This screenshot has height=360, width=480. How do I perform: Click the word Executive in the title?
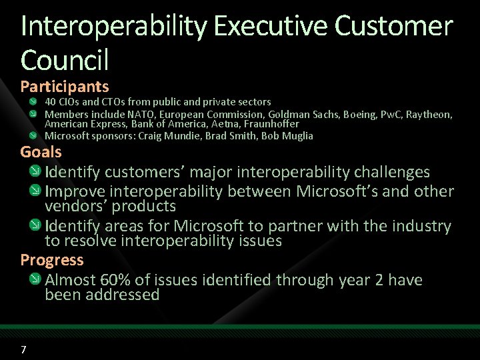click(272, 27)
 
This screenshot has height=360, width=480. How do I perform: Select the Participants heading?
click(65, 87)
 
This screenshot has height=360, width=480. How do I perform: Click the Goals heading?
click(41, 152)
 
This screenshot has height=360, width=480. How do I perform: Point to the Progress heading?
click(52, 260)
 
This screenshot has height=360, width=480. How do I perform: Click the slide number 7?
click(23, 350)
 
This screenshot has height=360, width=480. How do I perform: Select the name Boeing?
click(360, 114)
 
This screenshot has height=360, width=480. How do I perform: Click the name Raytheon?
click(429, 114)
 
